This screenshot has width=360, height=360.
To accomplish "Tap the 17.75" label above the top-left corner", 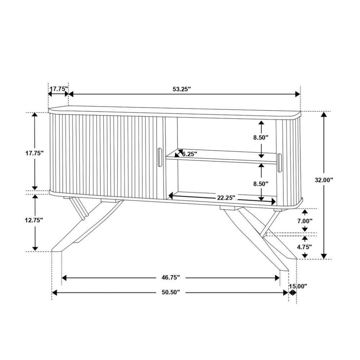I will [x=59, y=89].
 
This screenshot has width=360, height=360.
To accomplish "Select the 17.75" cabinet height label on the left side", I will [x=35, y=153].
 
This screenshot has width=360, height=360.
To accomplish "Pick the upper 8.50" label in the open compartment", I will [x=261, y=137].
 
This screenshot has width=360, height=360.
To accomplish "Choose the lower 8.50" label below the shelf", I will [x=261, y=184].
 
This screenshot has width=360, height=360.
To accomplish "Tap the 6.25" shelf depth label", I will [x=190, y=154].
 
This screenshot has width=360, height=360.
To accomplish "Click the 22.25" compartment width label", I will [x=226, y=197].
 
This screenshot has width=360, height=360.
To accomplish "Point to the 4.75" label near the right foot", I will [x=305, y=247].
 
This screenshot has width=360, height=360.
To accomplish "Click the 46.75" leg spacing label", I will [x=171, y=278].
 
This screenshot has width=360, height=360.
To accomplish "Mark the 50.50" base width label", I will [x=171, y=293].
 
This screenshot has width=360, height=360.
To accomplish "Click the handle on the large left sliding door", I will [x=159, y=157].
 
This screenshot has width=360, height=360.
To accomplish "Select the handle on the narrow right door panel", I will [x=280, y=163].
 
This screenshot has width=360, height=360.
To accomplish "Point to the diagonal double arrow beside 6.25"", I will [x=179, y=154].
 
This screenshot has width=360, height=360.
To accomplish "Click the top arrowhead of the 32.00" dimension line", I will [x=324, y=115].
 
